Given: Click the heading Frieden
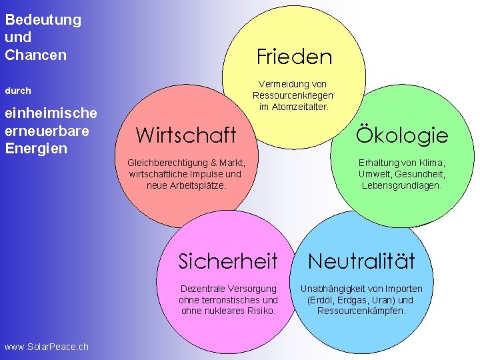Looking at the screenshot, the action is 294,57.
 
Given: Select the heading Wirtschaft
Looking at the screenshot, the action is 185,135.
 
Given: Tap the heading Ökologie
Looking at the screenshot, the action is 402,135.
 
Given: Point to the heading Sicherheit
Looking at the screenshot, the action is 227,261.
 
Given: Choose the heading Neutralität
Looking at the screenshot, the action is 361,261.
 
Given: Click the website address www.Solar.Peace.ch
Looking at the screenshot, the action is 46,347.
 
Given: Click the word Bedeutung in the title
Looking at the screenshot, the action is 43,19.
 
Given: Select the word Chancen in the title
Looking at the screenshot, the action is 35,55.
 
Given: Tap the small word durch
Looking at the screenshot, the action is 18,90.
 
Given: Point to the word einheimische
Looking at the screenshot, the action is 51,113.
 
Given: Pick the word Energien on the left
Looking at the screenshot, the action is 35,148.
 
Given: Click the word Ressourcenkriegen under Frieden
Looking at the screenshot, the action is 293,95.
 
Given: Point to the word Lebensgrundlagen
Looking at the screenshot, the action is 401,185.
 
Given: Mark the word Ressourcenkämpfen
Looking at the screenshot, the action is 361,311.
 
